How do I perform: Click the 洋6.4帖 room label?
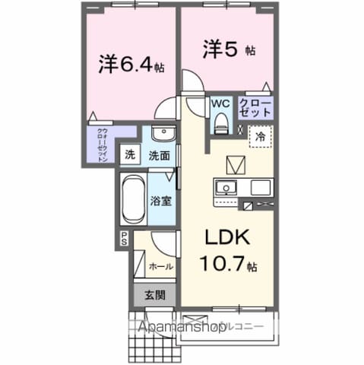click(131, 65)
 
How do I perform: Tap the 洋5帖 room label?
click(227, 51)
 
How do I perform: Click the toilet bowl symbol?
click(221, 120)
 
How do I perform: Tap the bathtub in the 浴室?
click(133, 199)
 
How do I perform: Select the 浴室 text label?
click(160, 202)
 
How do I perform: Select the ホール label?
click(160, 267)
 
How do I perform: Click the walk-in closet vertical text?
click(103, 144)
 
